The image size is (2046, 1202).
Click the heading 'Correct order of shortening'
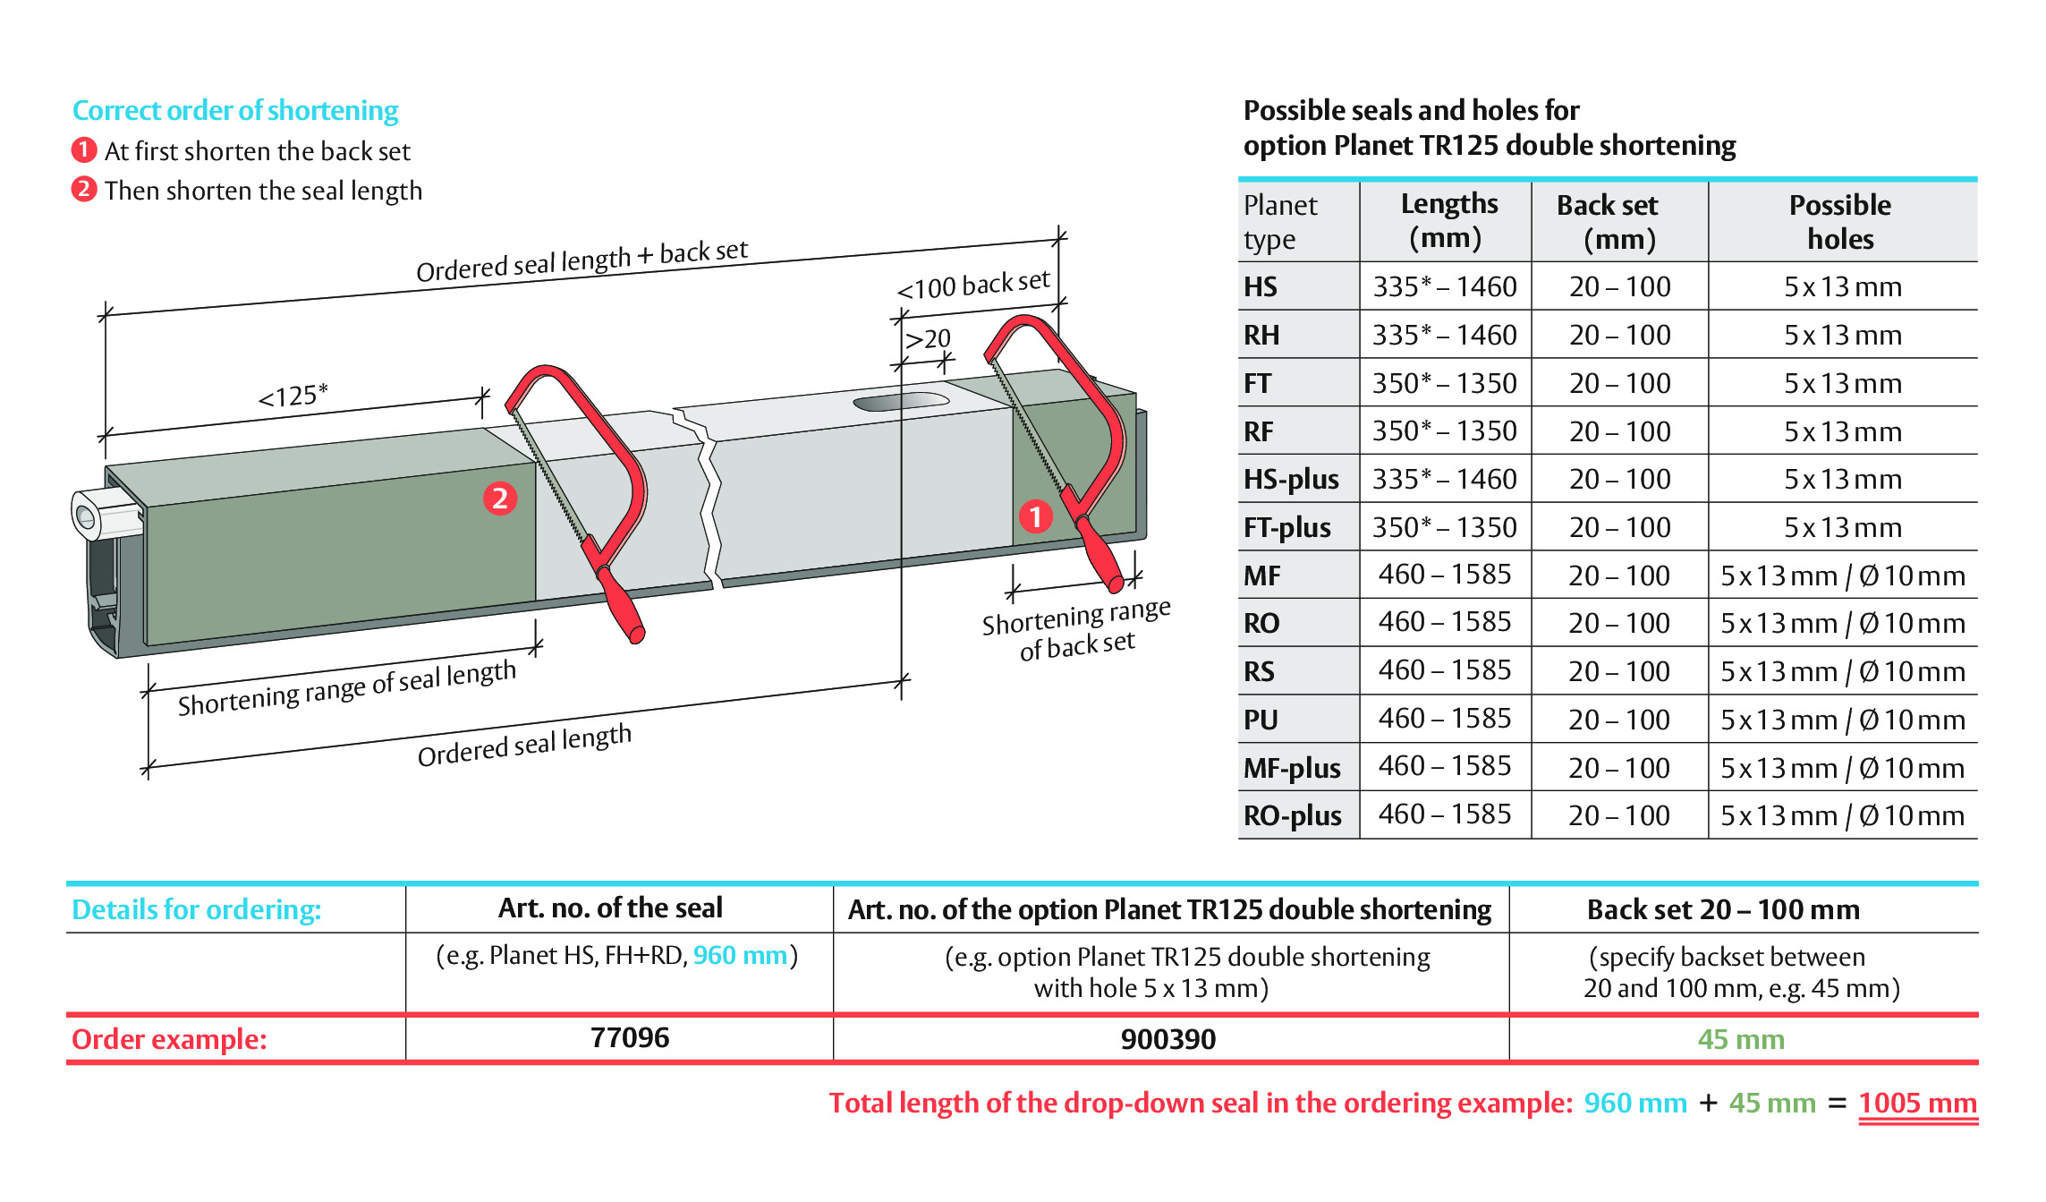click(235, 110)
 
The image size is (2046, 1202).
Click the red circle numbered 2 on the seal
click(500, 498)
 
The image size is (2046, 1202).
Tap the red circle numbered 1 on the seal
click(1035, 516)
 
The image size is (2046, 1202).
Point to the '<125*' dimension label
click(293, 395)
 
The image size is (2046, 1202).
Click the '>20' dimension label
click(928, 339)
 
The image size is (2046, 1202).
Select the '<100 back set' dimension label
click(973, 285)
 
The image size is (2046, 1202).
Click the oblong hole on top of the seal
click(901, 401)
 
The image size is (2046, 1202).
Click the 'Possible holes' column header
click(1840, 222)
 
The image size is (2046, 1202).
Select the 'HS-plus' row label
click(1291, 479)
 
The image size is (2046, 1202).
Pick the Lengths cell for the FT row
click(1445, 383)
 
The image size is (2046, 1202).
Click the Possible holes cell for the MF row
click(1843, 575)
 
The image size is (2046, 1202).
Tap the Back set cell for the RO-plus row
click(1619, 815)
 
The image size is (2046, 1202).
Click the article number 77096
click(630, 1037)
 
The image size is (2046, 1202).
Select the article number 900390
click(1168, 1039)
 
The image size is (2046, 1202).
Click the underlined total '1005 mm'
click(1918, 1104)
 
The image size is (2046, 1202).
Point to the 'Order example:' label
click(169, 1039)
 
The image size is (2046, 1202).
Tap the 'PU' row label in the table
click(1261, 720)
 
